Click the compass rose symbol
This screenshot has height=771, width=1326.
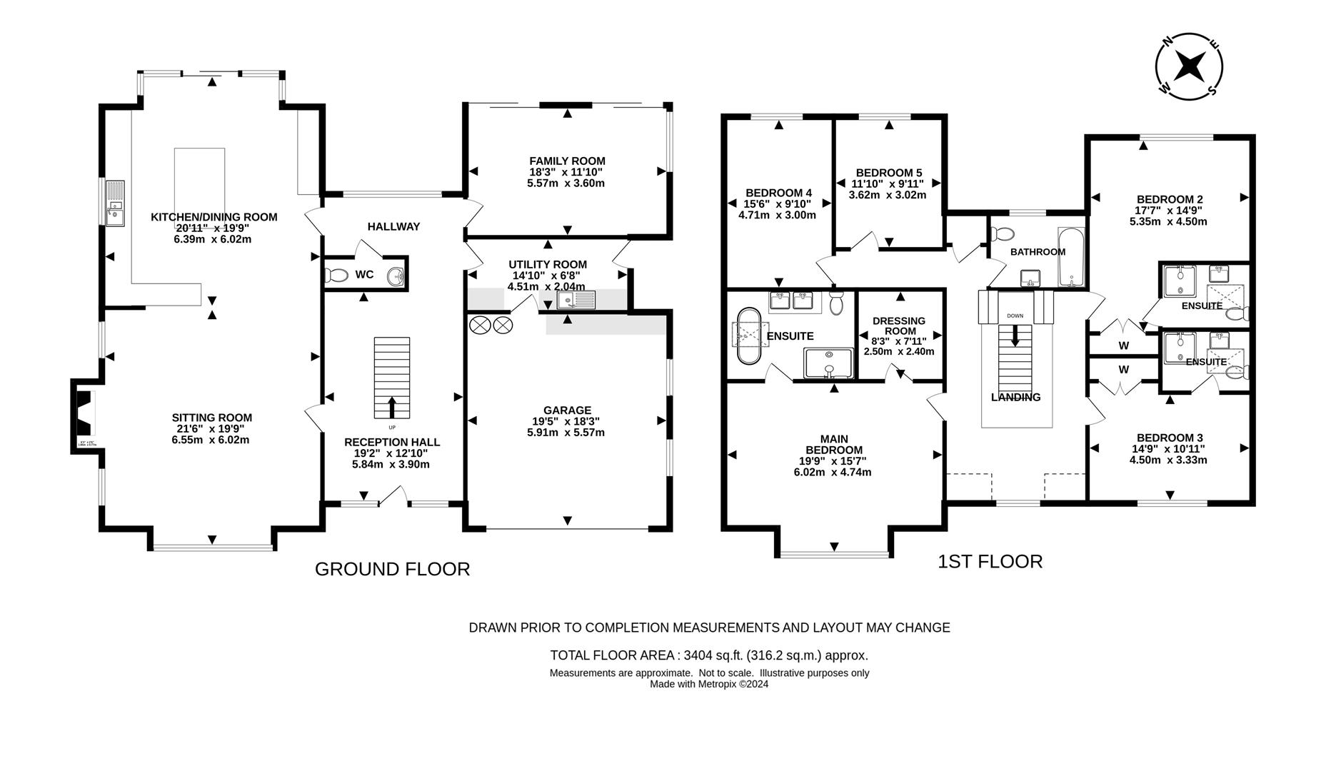click(x=1189, y=66)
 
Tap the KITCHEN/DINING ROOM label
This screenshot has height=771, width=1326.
click(x=214, y=217)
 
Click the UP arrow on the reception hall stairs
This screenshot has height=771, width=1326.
click(x=392, y=407)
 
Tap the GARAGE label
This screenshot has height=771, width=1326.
click(x=567, y=410)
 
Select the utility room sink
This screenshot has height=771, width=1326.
click(x=576, y=301)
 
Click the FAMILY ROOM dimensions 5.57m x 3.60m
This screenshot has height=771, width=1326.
click(x=566, y=183)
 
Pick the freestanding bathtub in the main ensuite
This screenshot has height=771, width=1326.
click(x=748, y=336)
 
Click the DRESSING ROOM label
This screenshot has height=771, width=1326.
click(x=898, y=326)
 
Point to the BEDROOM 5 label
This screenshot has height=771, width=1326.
click(x=888, y=173)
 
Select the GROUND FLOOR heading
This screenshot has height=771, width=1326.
click(x=392, y=569)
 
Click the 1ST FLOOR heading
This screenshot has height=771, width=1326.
click(x=990, y=562)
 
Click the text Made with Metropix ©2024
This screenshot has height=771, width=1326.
click(x=708, y=684)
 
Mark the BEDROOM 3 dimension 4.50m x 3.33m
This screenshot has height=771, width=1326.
click(x=1168, y=460)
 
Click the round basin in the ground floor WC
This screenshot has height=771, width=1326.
click(x=395, y=275)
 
